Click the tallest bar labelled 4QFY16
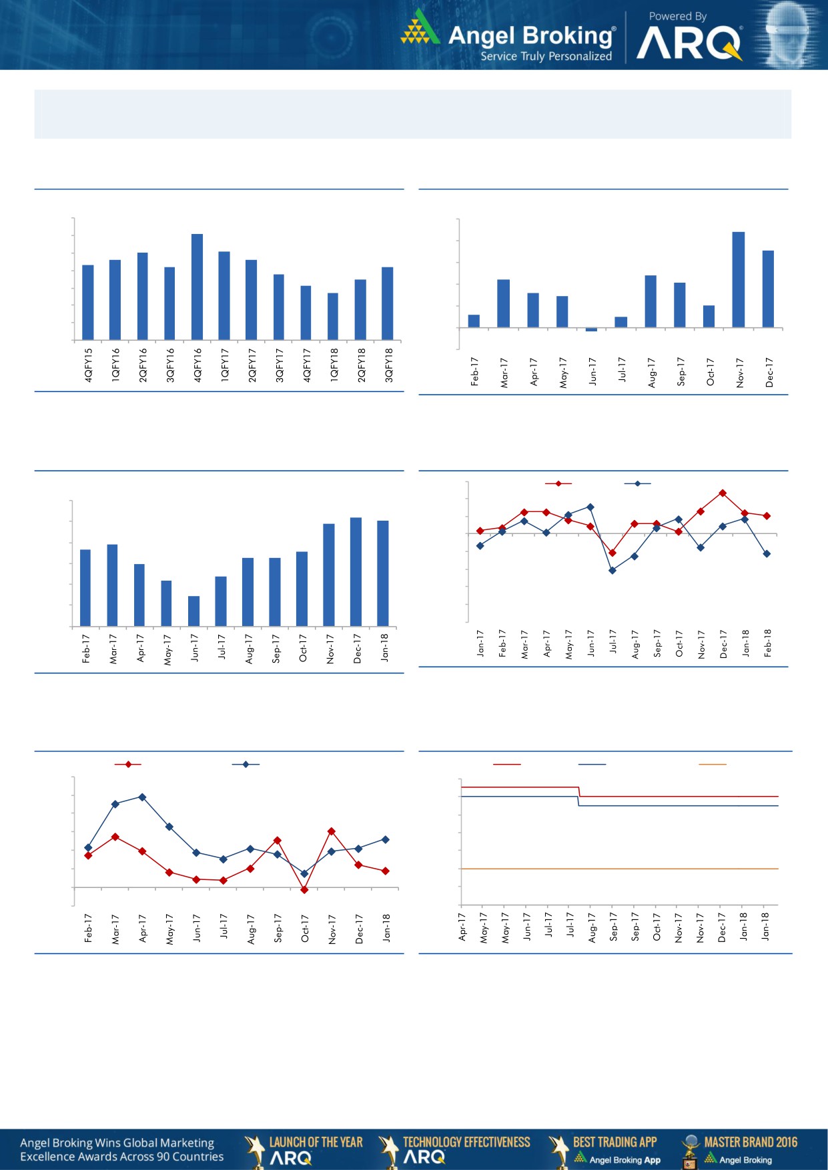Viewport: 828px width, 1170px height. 197,287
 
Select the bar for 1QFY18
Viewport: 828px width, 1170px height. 333,316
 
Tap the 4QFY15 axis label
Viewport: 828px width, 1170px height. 89,365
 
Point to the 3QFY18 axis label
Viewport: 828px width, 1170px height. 389,365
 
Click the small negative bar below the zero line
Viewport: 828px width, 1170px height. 591,329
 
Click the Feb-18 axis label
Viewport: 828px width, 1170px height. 768,643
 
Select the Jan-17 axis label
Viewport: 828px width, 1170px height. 480,643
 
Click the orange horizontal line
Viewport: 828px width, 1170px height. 619,869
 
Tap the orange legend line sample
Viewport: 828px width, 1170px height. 712,764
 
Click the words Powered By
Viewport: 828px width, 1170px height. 677,16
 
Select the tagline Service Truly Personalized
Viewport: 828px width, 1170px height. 546,57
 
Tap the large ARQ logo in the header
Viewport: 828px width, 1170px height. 689,43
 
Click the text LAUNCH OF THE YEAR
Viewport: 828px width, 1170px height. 316,1142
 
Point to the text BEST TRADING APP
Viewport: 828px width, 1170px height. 614,1142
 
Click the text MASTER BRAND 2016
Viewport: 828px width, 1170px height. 751,1142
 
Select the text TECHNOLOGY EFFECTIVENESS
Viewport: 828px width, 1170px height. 466,1142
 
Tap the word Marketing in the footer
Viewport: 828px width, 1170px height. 182,1143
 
